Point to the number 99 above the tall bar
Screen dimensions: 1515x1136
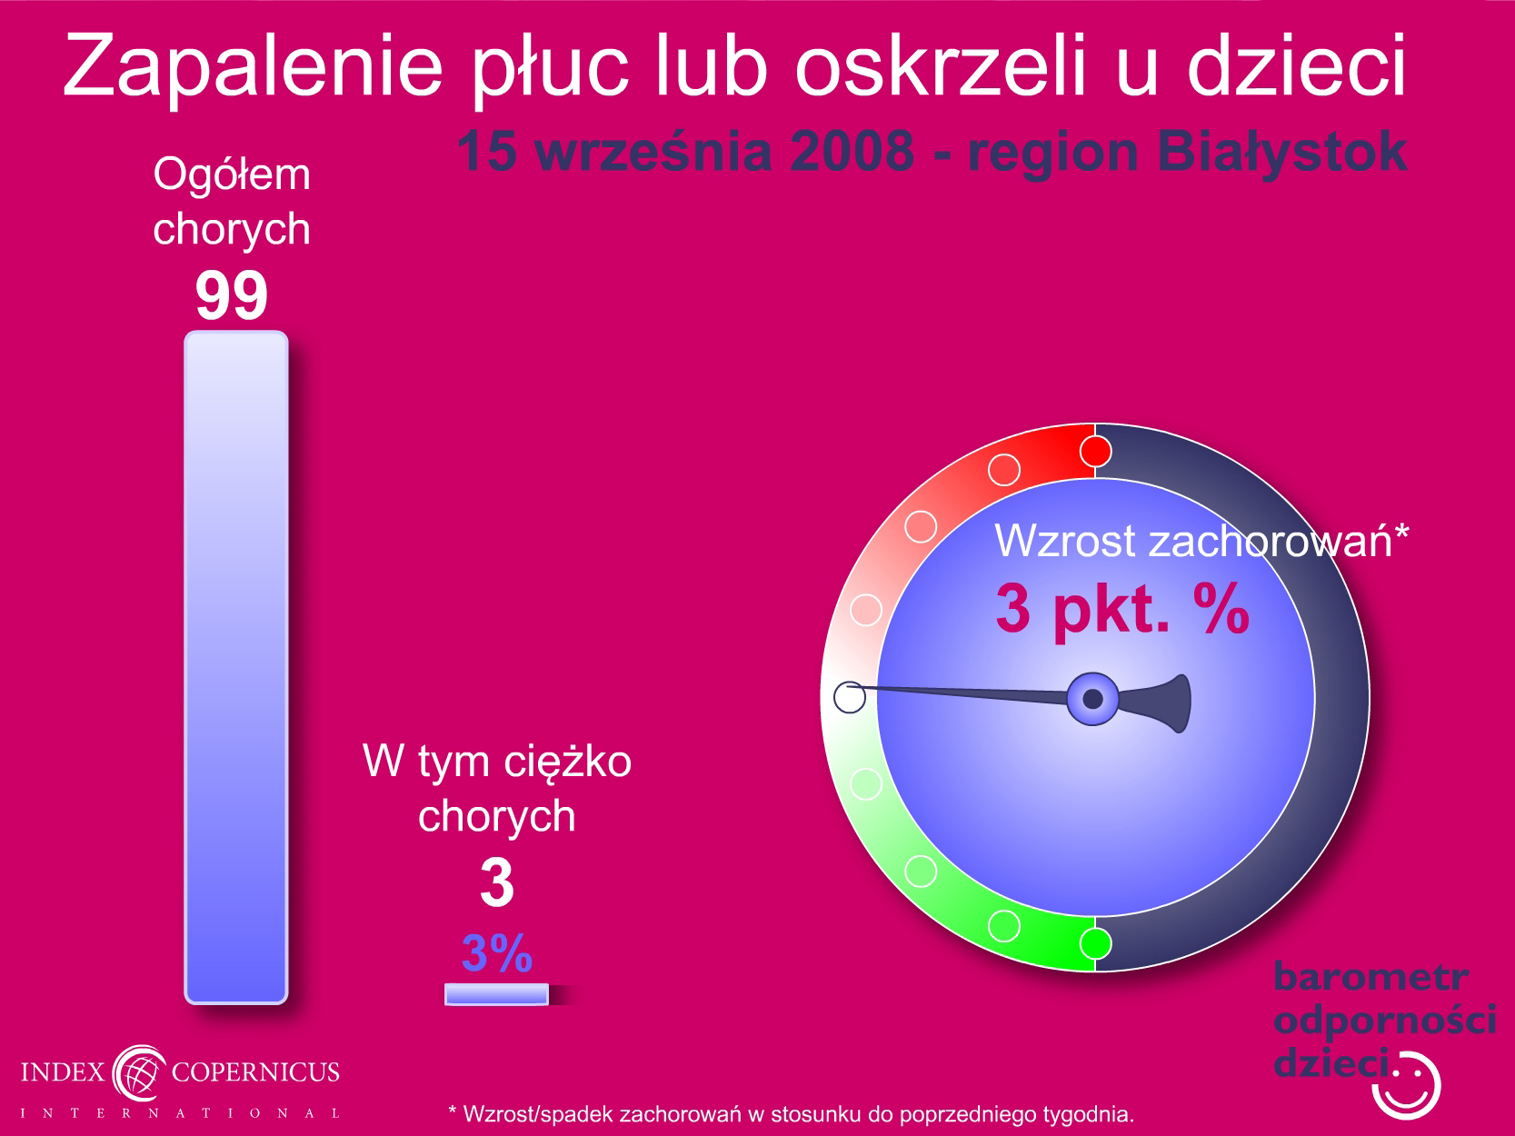pos(231,294)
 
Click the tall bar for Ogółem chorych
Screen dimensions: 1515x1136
pos(236,667)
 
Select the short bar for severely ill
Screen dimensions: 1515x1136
pos(497,994)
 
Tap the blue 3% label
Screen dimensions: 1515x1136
pos(497,953)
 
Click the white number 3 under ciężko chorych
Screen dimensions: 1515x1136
pos(497,882)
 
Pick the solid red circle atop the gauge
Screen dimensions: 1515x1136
pos(1095,452)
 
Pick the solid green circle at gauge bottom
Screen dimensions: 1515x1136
pos(1095,943)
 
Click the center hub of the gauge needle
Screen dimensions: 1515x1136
pos(1092,699)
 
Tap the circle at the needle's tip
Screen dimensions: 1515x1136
pos(850,697)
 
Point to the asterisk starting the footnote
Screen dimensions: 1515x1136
pos(453,1111)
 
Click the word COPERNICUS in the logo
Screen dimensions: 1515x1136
pos(255,1071)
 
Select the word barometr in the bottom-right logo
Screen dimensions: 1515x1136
pos(1370,977)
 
